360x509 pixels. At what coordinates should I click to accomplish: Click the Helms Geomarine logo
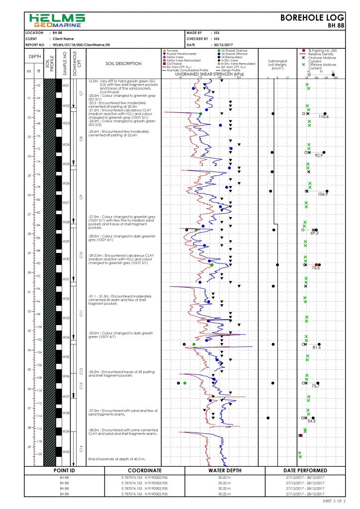coord(57,20)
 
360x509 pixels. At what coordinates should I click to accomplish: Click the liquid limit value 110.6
coord(324,117)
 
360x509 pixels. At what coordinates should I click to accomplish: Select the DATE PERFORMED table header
coord(305,470)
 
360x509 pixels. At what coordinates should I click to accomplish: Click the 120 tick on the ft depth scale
coord(39,454)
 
